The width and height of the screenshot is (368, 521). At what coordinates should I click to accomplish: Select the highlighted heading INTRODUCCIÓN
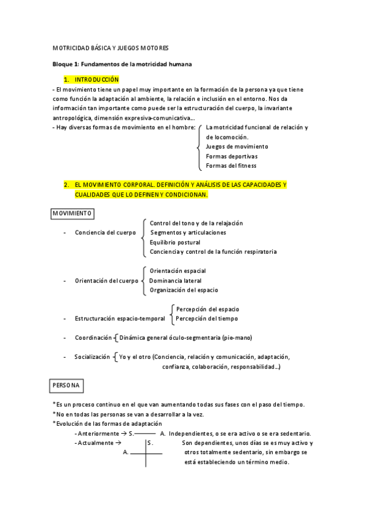96,80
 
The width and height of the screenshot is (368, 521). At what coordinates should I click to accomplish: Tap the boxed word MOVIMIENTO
72,213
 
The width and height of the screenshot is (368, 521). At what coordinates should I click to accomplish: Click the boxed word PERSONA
66,385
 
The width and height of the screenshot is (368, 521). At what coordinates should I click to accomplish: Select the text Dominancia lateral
176,280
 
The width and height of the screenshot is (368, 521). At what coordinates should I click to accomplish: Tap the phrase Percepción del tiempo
206,318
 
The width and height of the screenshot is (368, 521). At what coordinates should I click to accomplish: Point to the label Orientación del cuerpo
107,281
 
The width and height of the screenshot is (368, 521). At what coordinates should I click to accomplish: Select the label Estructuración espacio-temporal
120,319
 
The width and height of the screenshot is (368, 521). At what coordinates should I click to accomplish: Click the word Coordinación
93,337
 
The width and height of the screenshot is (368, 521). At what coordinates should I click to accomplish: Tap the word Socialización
92,356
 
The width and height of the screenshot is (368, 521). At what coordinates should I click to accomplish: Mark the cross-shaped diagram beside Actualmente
146,452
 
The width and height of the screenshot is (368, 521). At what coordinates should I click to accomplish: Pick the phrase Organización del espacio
184,290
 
